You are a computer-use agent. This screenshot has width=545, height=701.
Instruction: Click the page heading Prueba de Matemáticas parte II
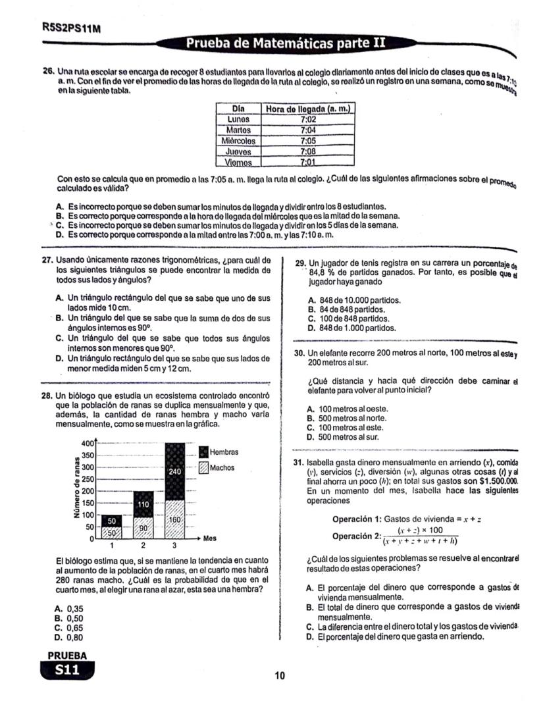(285, 44)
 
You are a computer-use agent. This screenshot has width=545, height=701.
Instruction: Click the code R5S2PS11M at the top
(66, 29)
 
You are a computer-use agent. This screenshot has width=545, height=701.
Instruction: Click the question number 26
(47, 70)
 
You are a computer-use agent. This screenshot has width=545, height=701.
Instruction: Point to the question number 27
(47, 260)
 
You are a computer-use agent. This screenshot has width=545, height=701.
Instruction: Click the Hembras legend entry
(223, 452)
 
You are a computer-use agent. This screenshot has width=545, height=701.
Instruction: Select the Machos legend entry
(222, 468)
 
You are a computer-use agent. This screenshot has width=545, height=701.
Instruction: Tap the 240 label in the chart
(175, 471)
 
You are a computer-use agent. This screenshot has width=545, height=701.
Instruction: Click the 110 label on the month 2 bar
(143, 504)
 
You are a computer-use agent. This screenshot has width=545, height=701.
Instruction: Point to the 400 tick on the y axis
(86, 443)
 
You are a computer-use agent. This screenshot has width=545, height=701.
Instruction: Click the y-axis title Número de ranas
(78, 490)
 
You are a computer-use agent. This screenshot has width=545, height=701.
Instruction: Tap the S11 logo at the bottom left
(67, 670)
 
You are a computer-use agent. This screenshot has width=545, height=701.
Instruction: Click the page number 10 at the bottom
(280, 675)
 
